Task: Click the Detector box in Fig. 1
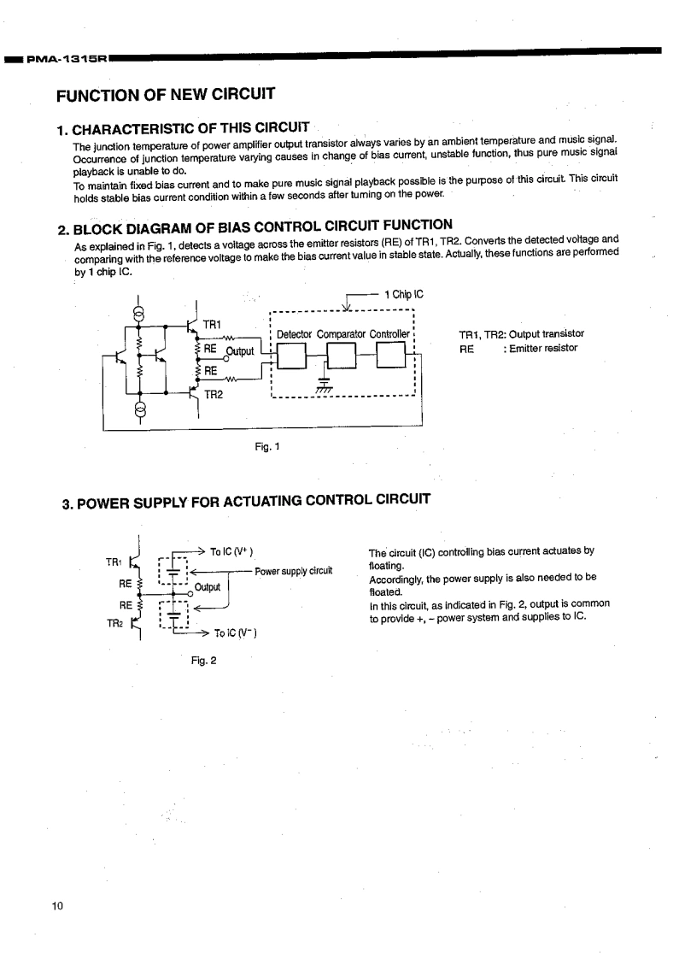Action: click(291, 356)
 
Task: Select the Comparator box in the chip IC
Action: click(342, 356)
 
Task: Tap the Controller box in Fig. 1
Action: click(391, 355)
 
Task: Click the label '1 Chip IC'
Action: click(403, 294)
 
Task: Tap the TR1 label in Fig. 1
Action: click(212, 324)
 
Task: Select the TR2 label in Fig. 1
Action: click(214, 395)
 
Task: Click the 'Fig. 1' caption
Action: click(267, 446)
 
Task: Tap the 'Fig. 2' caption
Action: click(203, 661)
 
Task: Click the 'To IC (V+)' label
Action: click(231, 551)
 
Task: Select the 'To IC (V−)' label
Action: click(235, 633)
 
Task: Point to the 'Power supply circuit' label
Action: click(293, 571)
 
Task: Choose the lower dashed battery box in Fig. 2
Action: click(173, 615)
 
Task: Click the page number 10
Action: click(57, 906)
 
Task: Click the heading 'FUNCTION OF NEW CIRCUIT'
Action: click(166, 94)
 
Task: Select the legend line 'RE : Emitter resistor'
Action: click(518, 349)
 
